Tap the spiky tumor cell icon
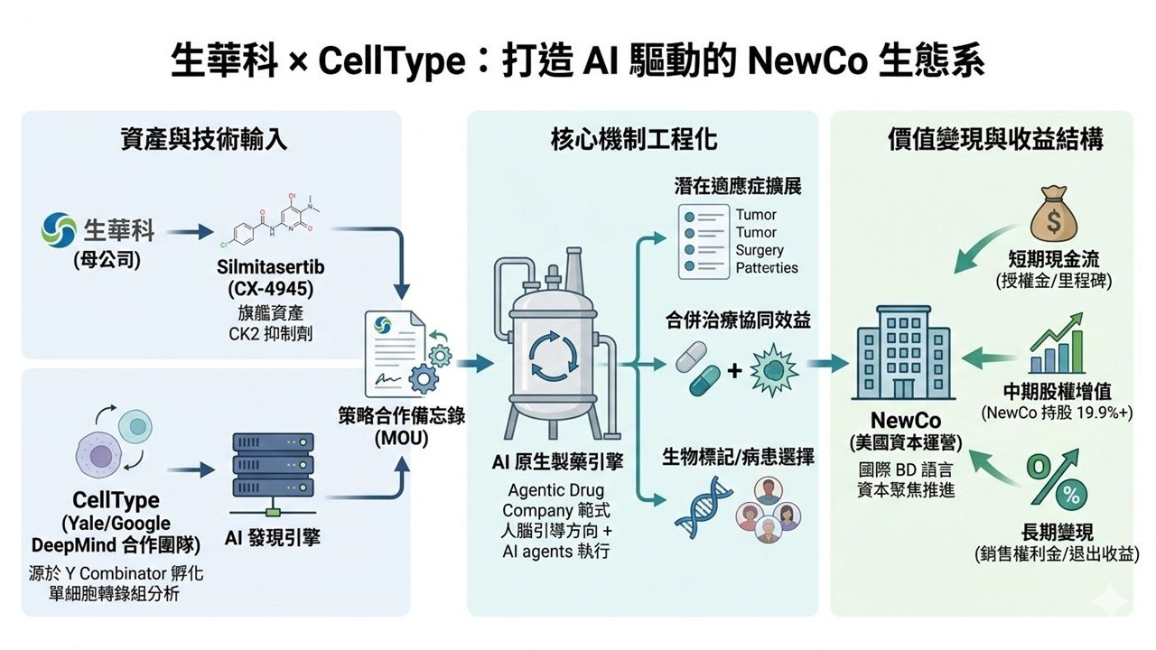777,370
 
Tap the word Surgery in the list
759,250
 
